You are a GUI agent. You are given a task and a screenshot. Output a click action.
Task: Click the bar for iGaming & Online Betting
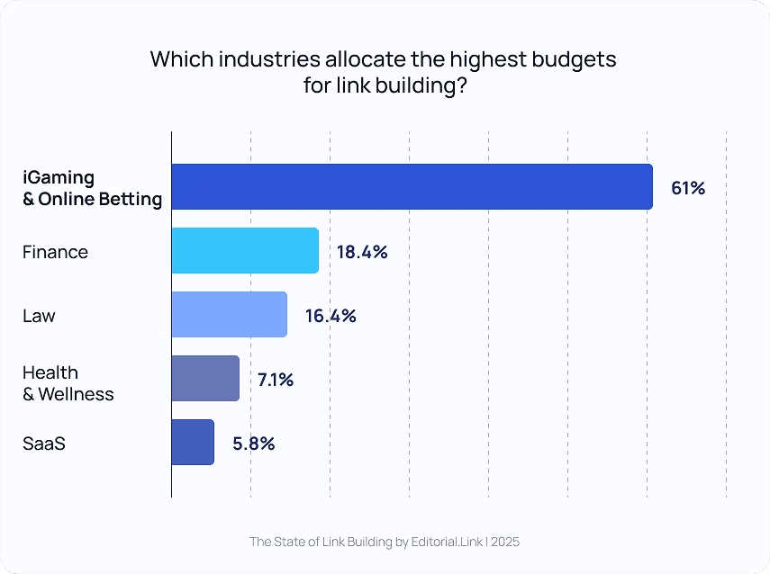412,187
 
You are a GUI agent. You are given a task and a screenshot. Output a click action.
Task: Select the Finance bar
245,251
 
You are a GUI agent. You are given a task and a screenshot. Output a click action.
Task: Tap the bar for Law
229,315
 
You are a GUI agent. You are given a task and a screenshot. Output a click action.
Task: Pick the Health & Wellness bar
205,379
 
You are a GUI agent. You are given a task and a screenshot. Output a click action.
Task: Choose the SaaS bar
193,443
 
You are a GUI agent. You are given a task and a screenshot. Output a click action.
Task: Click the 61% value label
688,188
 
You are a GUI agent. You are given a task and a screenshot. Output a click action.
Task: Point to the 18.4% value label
362,252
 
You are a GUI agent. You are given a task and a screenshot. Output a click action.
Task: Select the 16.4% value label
331,316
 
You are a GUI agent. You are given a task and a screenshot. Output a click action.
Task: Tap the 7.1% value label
276,380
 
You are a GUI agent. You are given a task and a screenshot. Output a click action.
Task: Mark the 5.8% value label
253,444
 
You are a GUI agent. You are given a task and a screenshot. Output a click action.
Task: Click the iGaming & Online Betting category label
92,188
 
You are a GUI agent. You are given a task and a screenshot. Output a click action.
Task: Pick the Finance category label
55,252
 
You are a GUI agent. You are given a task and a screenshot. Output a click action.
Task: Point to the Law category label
39,316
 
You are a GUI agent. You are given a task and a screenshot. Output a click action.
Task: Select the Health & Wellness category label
68,383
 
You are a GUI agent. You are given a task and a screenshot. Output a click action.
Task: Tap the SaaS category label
44,444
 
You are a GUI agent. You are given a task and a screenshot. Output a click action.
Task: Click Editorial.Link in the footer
448,542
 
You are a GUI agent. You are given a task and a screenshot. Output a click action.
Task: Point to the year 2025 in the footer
505,542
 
